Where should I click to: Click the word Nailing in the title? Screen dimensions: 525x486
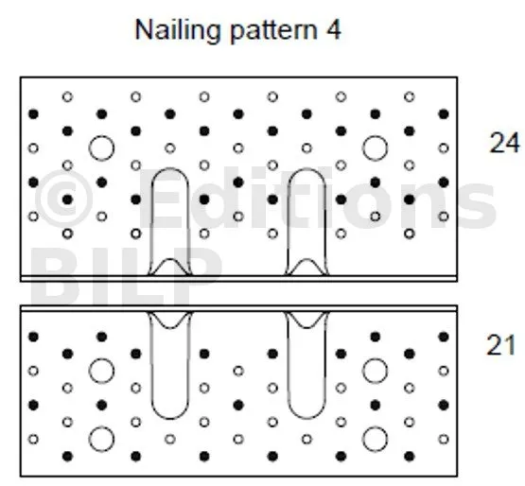click(x=179, y=31)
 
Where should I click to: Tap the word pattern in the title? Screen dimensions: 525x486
click(x=273, y=31)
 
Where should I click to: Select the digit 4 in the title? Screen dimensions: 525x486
click(x=333, y=30)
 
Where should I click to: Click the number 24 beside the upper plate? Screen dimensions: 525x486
click(x=504, y=143)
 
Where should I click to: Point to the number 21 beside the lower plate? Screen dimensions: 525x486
click(x=501, y=345)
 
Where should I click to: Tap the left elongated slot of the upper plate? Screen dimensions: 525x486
click(x=152, y=221)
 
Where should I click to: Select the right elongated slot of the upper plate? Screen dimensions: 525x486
click(x=289, y=221)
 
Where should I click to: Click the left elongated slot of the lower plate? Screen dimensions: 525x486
click(x=152, y=365)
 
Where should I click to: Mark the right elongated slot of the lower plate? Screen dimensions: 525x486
click(x=289, y=365)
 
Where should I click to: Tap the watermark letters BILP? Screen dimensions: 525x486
click(x=126, y=275)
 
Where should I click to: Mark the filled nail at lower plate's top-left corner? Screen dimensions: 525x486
click(x=33, y=337)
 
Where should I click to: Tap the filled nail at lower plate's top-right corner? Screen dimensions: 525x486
click(x=444, y=337)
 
